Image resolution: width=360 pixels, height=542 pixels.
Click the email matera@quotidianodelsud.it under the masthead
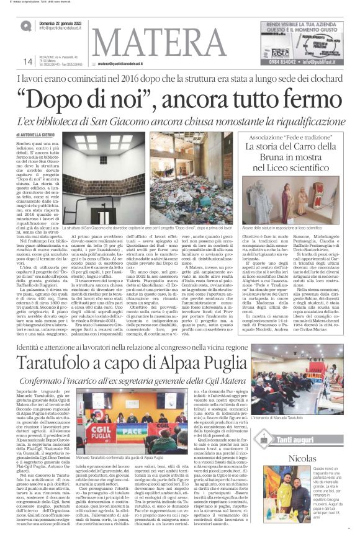coord(122,64)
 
